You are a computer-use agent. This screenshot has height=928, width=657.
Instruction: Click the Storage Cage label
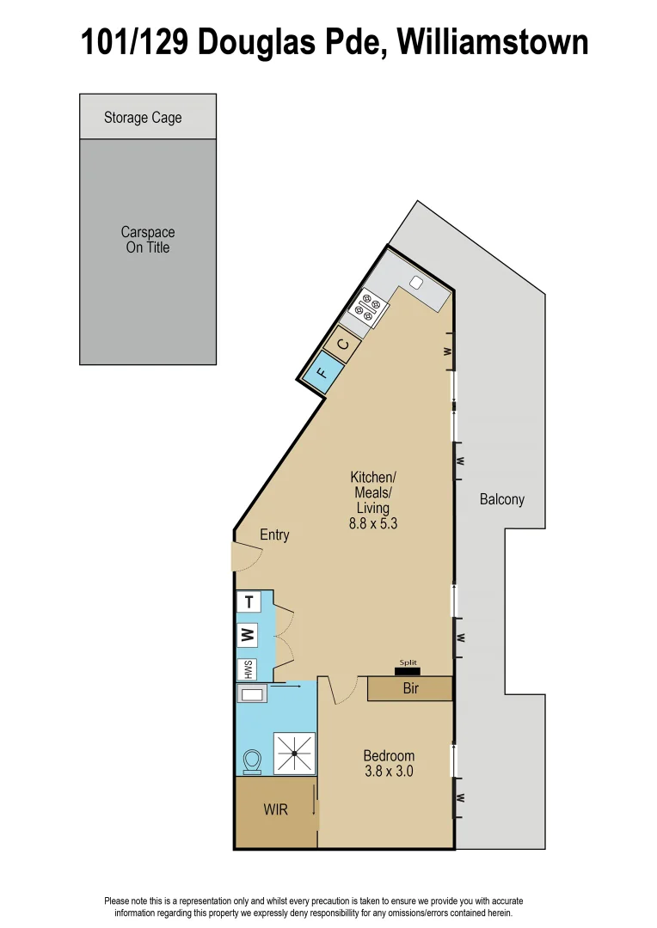[143, 118]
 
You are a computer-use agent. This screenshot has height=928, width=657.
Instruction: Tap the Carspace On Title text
[147, 240]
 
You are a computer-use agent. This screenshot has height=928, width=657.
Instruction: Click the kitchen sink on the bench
[416, 283]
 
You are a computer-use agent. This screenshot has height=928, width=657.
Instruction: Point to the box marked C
[342, 345]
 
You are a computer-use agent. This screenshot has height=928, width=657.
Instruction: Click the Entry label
[274, 534]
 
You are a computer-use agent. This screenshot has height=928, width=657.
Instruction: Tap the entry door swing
[244, 557]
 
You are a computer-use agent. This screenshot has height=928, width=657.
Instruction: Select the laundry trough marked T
[249, 601]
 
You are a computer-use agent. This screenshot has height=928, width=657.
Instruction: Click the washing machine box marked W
[249, 636]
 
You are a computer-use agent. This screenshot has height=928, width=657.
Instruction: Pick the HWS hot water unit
[249, 669]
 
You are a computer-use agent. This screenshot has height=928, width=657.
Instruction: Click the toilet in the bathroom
[253, 761]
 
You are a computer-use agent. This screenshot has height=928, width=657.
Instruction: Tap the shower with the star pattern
[294, 753]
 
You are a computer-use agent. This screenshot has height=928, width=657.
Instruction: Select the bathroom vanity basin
[253, 694]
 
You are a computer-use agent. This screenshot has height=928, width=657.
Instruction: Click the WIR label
[275, 809]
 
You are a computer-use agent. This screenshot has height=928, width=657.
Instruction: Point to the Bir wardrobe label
[410, 688]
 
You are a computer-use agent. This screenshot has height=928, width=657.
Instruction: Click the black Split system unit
[407, 670]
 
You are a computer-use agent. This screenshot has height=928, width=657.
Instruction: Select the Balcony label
[501, 499]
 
